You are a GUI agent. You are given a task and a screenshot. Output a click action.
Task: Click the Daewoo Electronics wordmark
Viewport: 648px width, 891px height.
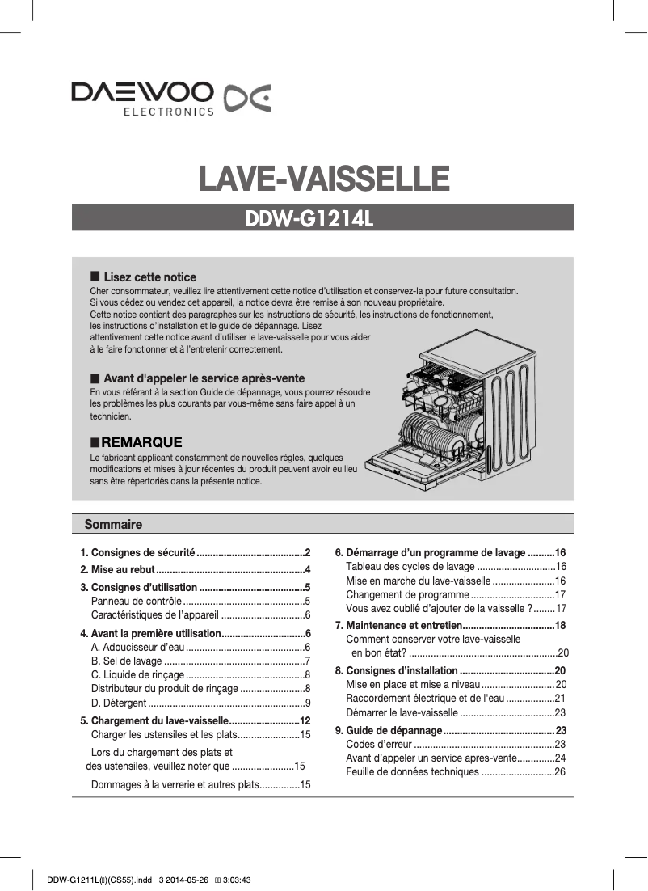pyautogui.click(x=142, y=99)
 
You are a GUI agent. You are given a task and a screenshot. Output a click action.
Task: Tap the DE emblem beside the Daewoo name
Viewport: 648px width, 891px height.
pyautogui.click(x=246, y=99)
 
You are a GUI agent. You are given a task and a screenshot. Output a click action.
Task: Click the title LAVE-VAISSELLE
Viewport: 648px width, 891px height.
pyautogui.click(x=324, y=178)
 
